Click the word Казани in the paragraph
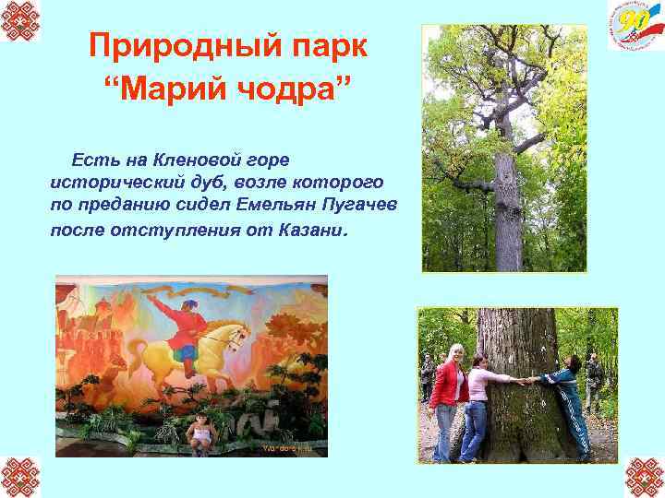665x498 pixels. (x=310, y=228)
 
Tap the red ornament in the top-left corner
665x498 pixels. (x=20, y=20)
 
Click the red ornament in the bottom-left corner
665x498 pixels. (x=20, y=477)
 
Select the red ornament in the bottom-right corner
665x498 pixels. (x=644, y=477)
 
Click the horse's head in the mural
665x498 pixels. (x=237, y=333)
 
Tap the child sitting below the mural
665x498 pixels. (x=199, y=433)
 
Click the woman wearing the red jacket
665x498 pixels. (x=449, y=397)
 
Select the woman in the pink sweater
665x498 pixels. (x=478, y=401)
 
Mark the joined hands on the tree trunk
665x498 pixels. (x=531, y=379)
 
